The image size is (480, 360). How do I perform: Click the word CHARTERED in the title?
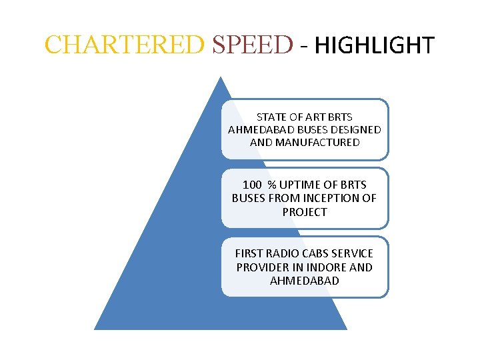123,45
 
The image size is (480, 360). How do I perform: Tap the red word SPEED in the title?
252,45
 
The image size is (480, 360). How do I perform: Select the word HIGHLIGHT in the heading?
374,45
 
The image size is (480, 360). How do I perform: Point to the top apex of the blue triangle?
221,77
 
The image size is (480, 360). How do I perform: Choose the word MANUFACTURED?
319,142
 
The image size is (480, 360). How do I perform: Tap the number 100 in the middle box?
253,185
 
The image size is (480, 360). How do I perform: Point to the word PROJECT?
305,212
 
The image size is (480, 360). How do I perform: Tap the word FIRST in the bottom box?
249,253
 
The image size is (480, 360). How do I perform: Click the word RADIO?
283,253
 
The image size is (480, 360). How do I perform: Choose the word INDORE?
323,267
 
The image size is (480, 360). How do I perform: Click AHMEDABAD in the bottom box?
305,281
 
